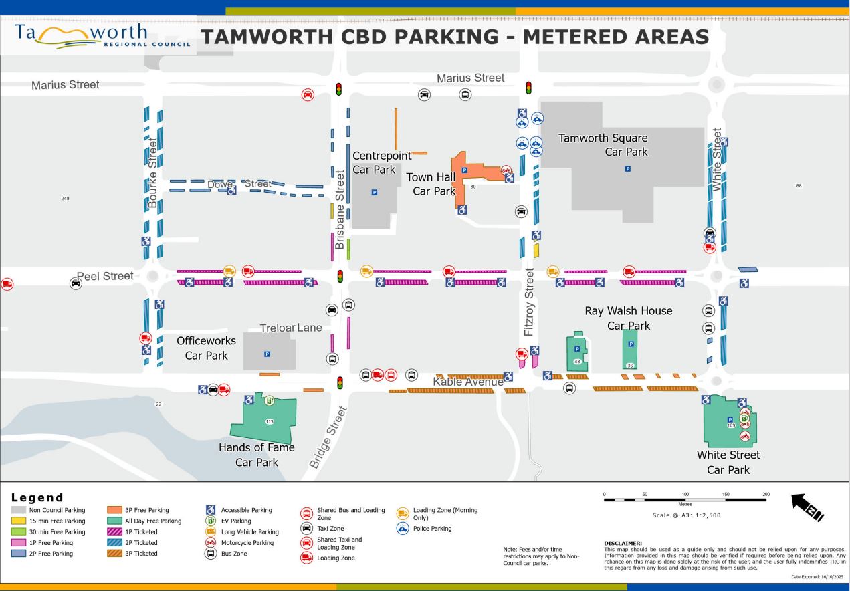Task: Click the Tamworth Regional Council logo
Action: click(x=100, y=37)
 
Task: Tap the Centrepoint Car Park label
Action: click(x=382, y=162)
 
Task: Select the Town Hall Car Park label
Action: click(x=433, y=184)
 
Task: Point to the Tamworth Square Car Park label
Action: click(x=603, y=145)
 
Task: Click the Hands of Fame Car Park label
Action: click(x=257, y=455)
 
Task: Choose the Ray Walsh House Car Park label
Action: click(x=628, y=318)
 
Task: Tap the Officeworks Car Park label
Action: click(x=206, y=348)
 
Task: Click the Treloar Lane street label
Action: click(x=291, y=328)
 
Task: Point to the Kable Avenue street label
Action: click(x=467, y=382)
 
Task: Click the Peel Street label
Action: click(x=105, y=276)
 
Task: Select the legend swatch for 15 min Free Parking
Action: click(x=19, y=521)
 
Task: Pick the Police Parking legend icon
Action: click(x=403, y=528)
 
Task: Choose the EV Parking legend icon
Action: click(x=211, y=521)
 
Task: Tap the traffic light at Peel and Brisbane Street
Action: click(x=340, y=276)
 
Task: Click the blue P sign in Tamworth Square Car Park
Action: click(x=627, y=169)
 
